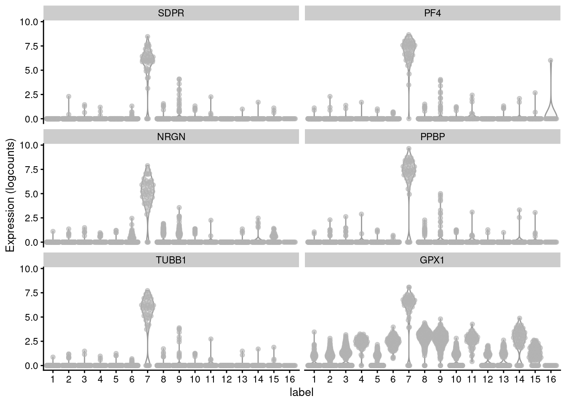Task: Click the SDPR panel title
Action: tap(171, 13)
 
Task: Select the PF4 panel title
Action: tap(433, 13)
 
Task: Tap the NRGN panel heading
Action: tap(171, 137)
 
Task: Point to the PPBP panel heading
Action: tap(433, 137)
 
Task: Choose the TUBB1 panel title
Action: tap(171, 260)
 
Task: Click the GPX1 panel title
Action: tap(433, 260)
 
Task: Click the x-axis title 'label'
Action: tap(302, 393)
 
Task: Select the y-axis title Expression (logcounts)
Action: tap(10, 196)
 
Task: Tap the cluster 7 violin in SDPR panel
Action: tap(147, 57)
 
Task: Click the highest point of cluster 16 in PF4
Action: tap(550, 61)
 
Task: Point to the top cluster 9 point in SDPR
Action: tap(179, 79)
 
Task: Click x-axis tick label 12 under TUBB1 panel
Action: tap(226, 380)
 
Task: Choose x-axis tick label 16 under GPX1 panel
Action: tap(550, 380)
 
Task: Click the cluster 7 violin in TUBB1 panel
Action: tap(147, 305)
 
